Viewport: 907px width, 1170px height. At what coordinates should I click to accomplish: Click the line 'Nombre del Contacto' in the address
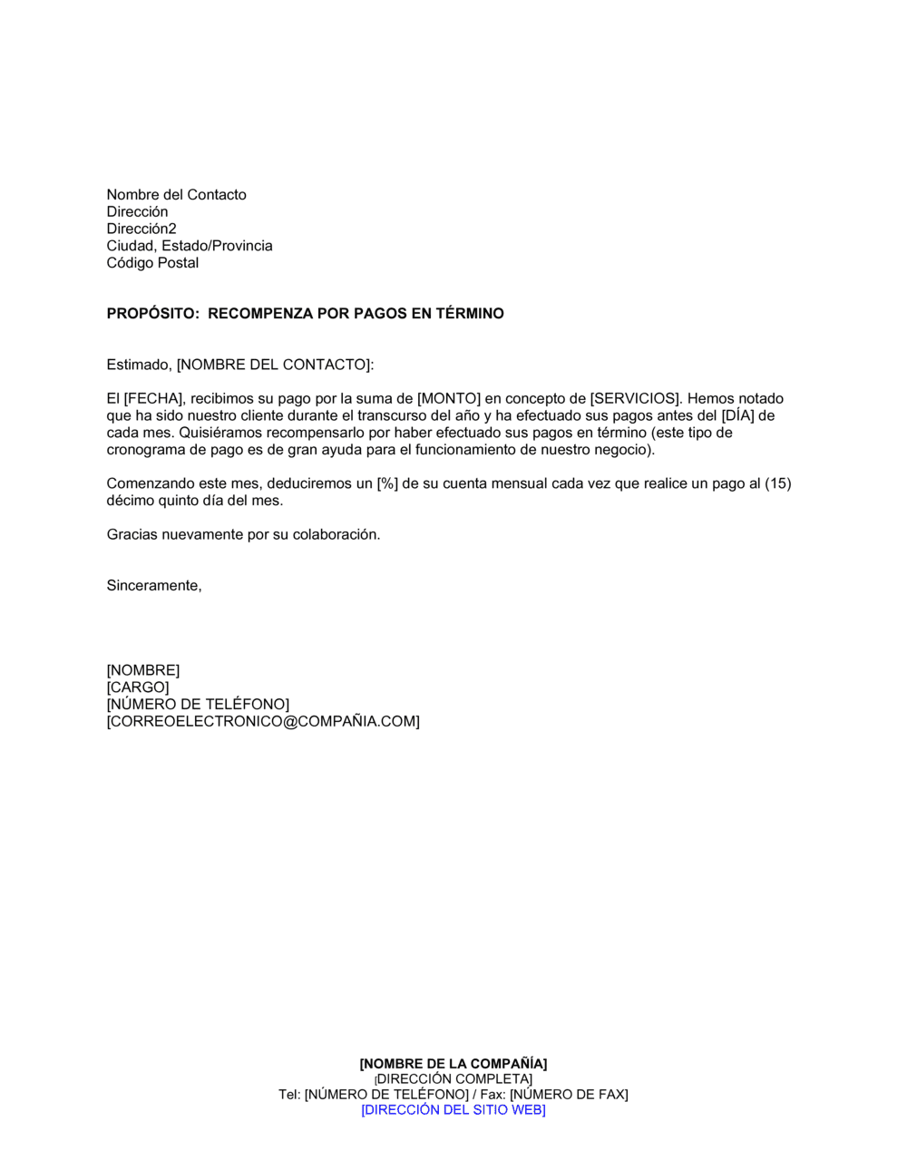(x=176, y=195)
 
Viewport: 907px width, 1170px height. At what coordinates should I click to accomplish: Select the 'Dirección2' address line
(x=141, y=229)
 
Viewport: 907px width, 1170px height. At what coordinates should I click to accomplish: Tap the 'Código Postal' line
(x=152, y=263)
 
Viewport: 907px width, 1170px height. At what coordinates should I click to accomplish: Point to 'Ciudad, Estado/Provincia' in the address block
(x=190, y=246)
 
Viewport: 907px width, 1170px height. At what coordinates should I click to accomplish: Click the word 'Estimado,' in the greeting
(x=139, y=365)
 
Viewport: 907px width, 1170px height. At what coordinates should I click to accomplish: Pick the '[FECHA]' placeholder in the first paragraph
(x=153, y=399)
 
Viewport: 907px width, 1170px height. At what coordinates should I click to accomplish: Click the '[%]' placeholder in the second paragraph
(x=387, y=484)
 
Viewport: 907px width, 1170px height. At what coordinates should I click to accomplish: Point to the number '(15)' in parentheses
(x=778, y=484)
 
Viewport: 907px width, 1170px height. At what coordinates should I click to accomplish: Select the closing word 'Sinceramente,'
(x=154, y=586)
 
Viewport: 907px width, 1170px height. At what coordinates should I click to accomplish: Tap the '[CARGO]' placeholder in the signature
(x=138, y=687)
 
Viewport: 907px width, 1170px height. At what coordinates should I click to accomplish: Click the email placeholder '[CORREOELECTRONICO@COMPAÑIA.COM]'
(x=263, y=722)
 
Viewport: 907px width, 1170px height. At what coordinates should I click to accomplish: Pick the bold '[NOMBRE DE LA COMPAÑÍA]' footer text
(x=453, y=1064)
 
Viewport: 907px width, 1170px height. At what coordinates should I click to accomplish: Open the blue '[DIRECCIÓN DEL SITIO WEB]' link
(x=453, y=1110)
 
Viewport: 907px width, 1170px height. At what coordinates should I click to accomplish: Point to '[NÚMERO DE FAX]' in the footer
(x=569, y=1095)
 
